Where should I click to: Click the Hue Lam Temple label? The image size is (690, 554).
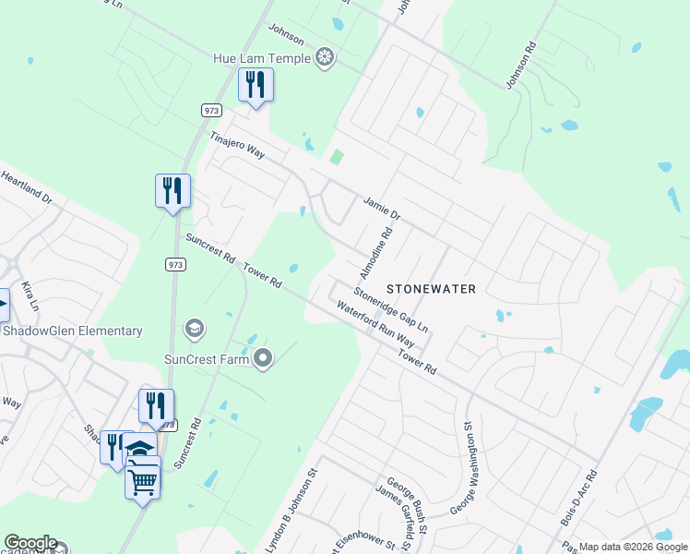pyautogui.click(x=262, y=58)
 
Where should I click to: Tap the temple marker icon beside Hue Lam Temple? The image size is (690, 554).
pyautogui.click(x=325, y=58)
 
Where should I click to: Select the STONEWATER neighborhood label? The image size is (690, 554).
pyautogui.click(x=431, y=289)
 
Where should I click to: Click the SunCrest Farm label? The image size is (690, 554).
pyautogui.click(x=207, y=358)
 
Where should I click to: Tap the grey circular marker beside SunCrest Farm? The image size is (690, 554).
pyautogui.click(x=263, y=358)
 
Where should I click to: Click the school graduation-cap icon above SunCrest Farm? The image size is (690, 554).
pyautogui.click(x=195, y=328)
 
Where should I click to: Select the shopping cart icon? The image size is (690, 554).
pyautogui.click(x=142, y=479)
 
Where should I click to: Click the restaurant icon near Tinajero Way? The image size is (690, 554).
pyautogui.click(x=254, y=86)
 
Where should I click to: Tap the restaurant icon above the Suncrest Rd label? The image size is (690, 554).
pyautogui.click(x=172, y=191)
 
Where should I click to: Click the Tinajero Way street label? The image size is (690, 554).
pyautogui.click(x=237, y=146)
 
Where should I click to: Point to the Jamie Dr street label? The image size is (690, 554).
pyautogui.click(x=382, y=208)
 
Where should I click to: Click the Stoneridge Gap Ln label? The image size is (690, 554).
pyautogui.click(x=392, y=311)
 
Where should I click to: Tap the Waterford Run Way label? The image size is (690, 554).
pyautogui.click(x=375, y=323)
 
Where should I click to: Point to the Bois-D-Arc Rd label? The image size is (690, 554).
pyautogui.click(x=579, y=499)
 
